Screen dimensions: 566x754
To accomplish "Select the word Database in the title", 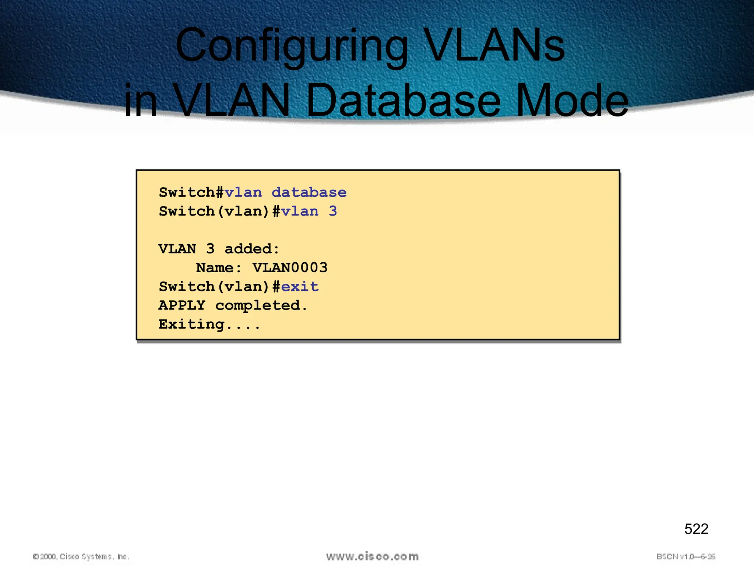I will click(403, 100).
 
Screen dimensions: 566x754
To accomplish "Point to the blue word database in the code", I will click(309, 192).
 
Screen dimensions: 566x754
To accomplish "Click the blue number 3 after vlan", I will click(333, 211).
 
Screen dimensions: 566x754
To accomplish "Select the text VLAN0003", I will click(290, 268).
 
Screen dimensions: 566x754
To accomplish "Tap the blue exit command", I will click(300, 286).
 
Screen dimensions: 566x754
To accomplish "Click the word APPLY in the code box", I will click(182, 305).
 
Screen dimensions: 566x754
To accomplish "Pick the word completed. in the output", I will click(261, 305).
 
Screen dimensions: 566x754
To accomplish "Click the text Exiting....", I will click(209, 324).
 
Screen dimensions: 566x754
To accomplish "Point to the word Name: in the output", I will click(219, 268).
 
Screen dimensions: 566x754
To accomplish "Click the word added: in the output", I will click(252, 249).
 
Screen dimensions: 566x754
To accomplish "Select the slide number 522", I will click(696, 529).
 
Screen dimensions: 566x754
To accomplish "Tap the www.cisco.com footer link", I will click(372, 556).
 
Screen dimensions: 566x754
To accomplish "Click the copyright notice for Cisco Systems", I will click(81, 556).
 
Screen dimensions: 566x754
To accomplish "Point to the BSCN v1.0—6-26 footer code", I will click(686, 556).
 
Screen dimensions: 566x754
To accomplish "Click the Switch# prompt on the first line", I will click(191, 192).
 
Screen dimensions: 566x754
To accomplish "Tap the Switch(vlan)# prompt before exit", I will click(220, 286).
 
